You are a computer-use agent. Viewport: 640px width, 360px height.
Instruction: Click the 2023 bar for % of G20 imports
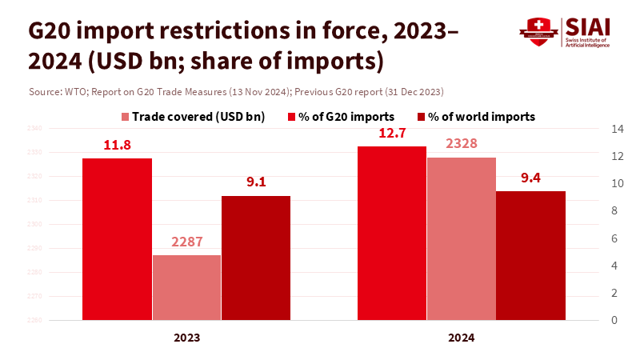click(117, 239)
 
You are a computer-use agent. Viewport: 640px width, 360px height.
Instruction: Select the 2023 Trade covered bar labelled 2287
click(186, 288)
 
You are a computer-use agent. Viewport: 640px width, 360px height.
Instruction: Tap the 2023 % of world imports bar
click(256, 258)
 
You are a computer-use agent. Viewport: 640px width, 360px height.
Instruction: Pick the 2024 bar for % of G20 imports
click(391, 233)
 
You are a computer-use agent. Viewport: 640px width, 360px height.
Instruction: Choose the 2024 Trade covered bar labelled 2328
click(461, 238)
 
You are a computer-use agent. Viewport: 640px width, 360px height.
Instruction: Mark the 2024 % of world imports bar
click(530, 255)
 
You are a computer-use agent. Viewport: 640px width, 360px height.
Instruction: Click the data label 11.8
click(117, 146)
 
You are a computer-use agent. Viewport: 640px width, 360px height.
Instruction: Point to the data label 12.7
click(391, 134)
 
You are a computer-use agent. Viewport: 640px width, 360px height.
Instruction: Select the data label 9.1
click(256, 182)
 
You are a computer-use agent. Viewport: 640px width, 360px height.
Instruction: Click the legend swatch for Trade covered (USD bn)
click(126, 117)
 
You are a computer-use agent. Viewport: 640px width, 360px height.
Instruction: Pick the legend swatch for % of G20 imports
click(292, 117)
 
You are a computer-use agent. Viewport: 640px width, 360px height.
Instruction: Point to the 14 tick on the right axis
click(617, 128)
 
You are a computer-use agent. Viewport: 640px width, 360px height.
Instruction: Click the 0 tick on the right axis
click(614, 320)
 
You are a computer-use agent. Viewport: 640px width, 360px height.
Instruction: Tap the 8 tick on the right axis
click(614, 210)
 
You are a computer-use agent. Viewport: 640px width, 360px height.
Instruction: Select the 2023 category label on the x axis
click(186, 338)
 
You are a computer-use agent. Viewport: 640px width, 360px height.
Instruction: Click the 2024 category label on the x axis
click(461, 338)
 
